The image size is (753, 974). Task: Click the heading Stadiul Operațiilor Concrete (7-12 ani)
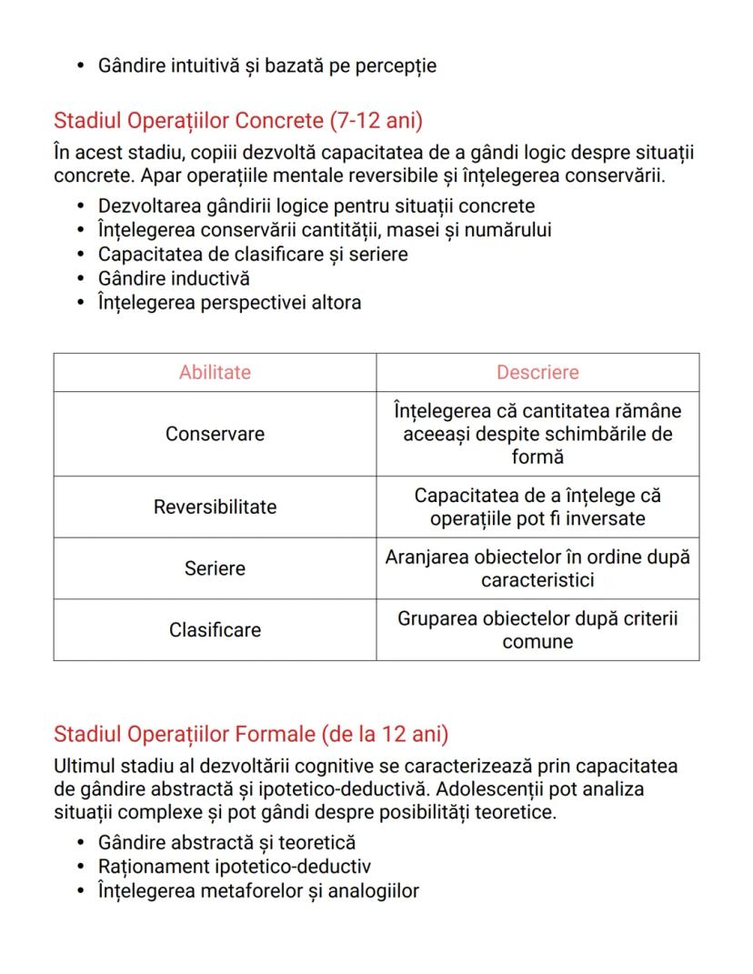click(238, 120)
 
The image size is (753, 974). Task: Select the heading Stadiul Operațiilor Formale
click(251, 733)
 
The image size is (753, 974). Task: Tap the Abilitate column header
click(215, 372)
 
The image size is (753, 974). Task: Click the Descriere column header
click(537, 372)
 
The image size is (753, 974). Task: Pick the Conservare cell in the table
click(215, 434)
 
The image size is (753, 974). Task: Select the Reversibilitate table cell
click(215, 507)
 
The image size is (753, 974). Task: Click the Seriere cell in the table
click(215, 568)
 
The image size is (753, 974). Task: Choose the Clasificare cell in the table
click(215, 630)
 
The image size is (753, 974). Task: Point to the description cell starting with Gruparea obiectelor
click(537, 630)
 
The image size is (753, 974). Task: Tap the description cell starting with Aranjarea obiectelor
click(537, 568)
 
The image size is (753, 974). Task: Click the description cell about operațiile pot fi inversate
click(537, 507)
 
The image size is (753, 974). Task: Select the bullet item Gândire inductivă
click(174, 278)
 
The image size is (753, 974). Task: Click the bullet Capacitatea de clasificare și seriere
click(253, 255)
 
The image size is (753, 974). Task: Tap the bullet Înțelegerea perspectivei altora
click(229, 302)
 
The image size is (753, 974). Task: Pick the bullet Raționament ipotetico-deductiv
click(234, 867)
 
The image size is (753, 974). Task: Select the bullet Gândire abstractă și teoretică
click(226, 843)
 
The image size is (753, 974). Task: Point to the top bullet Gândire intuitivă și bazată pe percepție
click(266, 65)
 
